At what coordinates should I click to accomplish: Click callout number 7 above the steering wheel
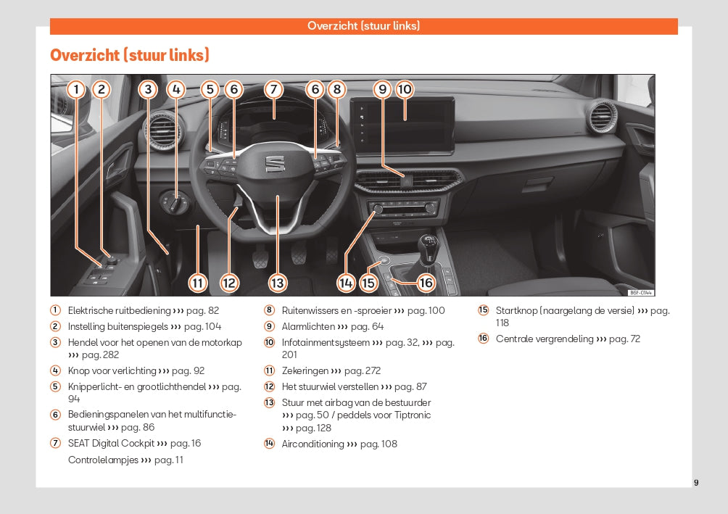pyautogui.click(x=273, y=90)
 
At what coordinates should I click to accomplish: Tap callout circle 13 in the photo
pyautogui.click(x=277, y=283)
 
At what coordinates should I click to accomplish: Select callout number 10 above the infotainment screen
pyautogui.click(x=404, y=90)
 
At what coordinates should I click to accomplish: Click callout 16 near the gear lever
pyautogui.click(x=425, y=283)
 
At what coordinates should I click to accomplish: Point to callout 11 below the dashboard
pyautogui.click(x=197, y=283)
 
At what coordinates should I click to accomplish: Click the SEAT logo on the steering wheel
pyautogui.click(x=275, y=165)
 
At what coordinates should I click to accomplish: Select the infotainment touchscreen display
pyautogui.click(x=402, y=124)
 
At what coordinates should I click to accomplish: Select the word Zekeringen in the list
pyautogui.click(x=305, y=371)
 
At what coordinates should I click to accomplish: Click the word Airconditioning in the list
pyautogui.click(x=313, y=444)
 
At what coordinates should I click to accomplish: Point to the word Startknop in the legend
pyautogui.click(x=515, y=311)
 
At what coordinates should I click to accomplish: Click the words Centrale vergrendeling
pyautogui.click(x=544, y=339)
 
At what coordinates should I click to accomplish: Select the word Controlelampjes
pyautogui.click(x=103, y=460)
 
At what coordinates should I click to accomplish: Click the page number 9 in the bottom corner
pyautogui.click(x=696, y=483)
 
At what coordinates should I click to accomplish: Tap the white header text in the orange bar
pyautogui.click(x=363, y=26)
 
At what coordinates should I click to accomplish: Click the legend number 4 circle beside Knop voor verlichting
pyautogui.click(x=55, y=370)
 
